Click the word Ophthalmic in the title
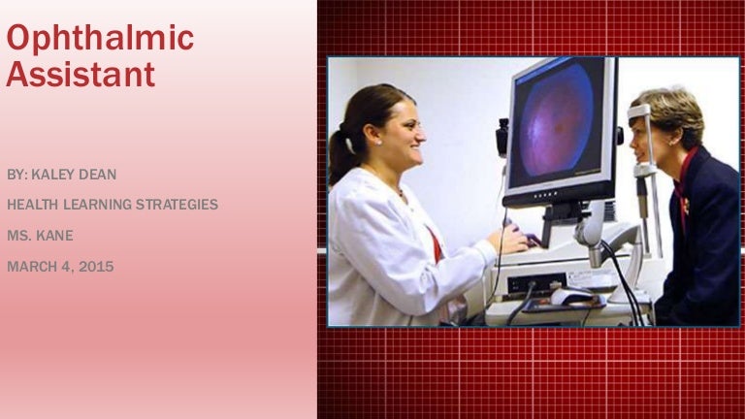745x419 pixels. click(100, 39)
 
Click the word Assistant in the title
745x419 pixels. click(81, 74)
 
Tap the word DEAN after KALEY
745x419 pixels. click(97, 175)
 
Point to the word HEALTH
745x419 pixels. click(33, 205)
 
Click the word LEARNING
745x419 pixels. click(97, 205)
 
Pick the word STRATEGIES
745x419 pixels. click(177, 205)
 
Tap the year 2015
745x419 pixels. click(96, 267)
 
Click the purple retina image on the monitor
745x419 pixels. click(557, 120)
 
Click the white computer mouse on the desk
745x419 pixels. click(571, 297)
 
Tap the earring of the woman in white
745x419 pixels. click(379, 142)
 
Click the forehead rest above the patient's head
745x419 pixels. click(638, 113)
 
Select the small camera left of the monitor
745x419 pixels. click(502, 138)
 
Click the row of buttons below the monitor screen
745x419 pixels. click(545, 194)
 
